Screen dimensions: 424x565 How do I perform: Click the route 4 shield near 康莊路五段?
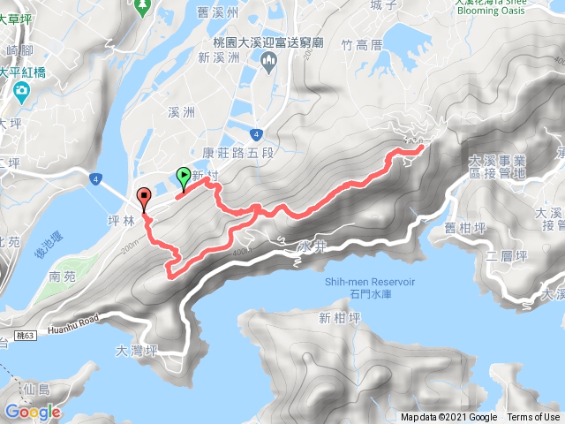click(255, 133)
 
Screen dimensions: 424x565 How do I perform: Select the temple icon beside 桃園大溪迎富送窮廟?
click(268, 61)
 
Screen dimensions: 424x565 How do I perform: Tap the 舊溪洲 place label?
click(220, 13)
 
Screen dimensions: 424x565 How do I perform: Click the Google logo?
click(32, 412)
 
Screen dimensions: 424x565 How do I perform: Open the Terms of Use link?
click(533, 417)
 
